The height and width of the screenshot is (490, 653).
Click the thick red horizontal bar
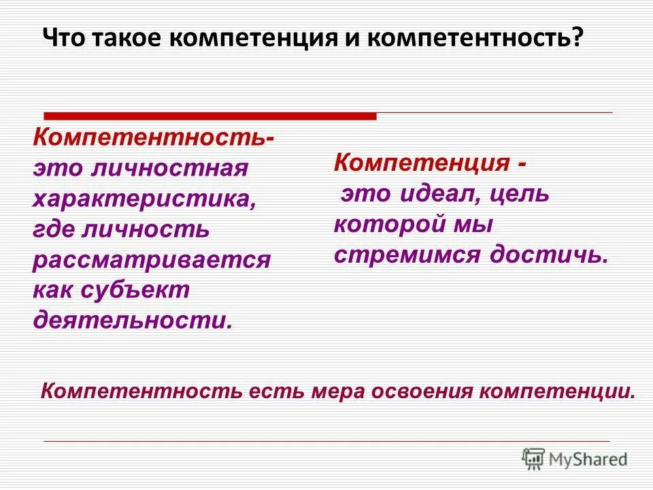point(210,116)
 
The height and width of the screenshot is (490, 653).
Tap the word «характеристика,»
point(145,199)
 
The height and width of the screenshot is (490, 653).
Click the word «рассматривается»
point(152,259)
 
